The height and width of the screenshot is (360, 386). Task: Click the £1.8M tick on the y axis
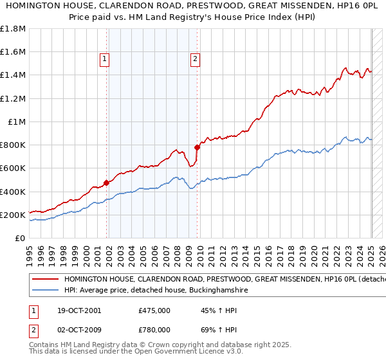click(13, 29)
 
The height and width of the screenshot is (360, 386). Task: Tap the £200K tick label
click(13, 215)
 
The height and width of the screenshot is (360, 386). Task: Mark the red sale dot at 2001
click(106, 183)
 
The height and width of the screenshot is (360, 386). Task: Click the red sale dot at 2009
click(198, 147)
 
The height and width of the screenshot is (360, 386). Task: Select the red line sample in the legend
click(45, 280)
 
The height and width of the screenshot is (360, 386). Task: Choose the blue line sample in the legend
click(45, 291)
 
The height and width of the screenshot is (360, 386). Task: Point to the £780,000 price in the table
click(154, 330)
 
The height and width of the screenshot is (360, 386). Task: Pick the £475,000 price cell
click(154, 310)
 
